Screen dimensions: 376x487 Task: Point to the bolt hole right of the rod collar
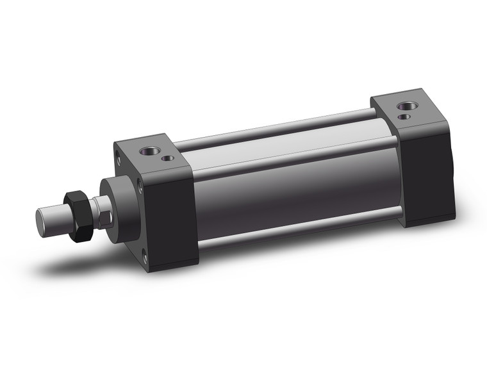tap(140, 186)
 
